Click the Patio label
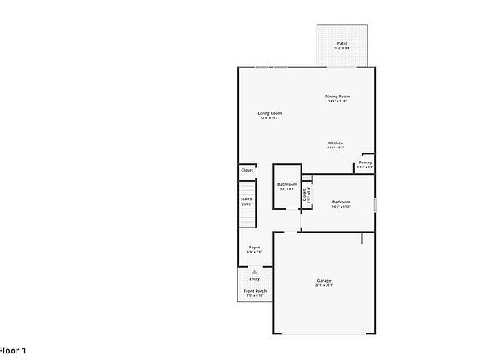(342, 42)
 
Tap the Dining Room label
(337, 96)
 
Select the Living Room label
(269, 113)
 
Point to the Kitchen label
(336, 142)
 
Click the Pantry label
(365, 163)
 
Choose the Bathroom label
(287, 184)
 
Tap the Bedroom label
(341, 202)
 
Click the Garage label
(324, 280)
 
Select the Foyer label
(254, 247)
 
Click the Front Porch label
(254, 291)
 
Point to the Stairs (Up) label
(247, 201)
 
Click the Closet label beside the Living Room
(247, 170)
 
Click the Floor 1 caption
(12, 351)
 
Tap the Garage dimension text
(324, 285)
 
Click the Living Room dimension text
(269, 118)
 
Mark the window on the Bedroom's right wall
(375, 204)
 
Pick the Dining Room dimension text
(337, 101)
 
